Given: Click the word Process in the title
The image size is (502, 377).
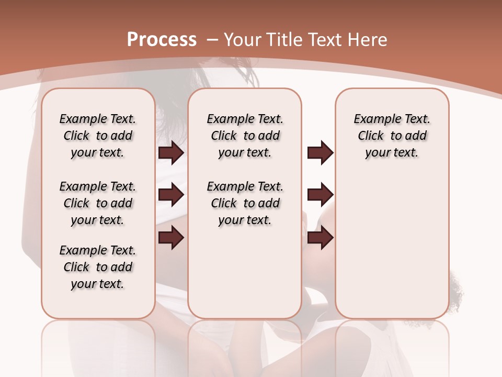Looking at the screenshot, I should (162, 40).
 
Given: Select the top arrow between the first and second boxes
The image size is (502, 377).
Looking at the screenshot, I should (171, 153).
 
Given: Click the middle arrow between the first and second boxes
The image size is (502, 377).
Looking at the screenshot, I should (171, 195).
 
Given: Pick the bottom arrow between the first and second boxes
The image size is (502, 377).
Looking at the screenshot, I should (171, 237).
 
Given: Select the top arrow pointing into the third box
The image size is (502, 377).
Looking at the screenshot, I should (320, 153).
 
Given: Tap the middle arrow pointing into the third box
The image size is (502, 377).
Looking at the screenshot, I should (320, 195).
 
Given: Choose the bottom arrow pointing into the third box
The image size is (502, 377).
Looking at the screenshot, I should (320, 237).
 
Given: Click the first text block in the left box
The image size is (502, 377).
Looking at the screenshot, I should (98, 136).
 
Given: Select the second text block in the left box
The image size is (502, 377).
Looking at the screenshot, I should (98, 203).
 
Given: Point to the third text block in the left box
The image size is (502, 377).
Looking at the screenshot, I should (98, 267).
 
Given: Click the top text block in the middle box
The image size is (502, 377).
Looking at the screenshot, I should (245, 136).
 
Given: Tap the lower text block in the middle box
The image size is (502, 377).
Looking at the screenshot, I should (245, 203).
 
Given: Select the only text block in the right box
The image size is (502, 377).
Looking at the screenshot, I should (392, 136).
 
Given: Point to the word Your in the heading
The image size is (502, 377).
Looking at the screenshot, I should (242, 40).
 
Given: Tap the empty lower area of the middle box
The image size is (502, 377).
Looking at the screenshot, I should (245, 272).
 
